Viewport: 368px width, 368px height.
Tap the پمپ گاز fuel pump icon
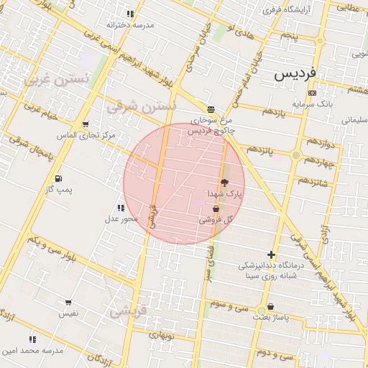[x=57, y=178]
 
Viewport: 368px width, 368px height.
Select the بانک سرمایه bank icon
[x=311, y=93]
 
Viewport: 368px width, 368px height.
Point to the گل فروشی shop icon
[x=216, y=208]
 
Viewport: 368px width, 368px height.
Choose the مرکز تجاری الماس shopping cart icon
[x=86, y=124]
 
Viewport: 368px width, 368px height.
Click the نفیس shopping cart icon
[x=68, y=303]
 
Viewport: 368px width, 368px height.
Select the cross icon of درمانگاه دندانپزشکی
[x=271, y=254]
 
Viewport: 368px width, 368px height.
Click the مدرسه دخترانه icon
[x=130, y=14]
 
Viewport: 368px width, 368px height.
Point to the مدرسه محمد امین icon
[x=32, y=339]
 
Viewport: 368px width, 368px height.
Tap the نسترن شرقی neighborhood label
[x=140, y=106]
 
